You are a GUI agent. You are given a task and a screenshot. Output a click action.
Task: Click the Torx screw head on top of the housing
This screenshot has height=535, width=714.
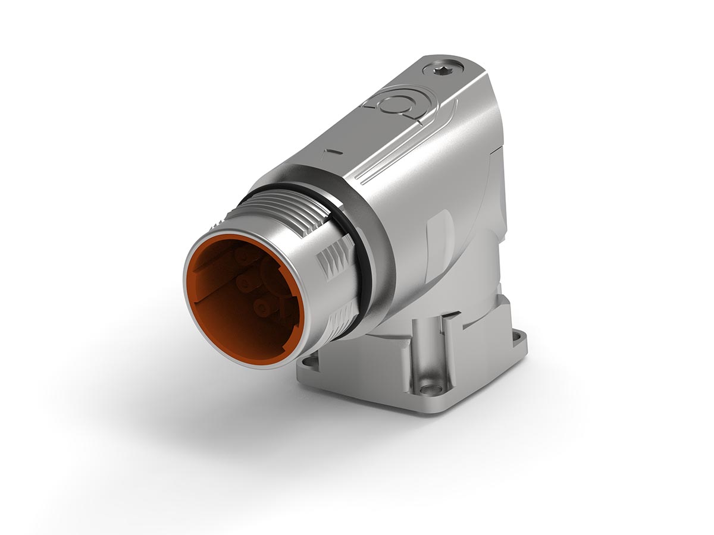(x=443, y=70)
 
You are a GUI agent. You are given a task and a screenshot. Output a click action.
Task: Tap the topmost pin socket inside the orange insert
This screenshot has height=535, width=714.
(x=243, y=256)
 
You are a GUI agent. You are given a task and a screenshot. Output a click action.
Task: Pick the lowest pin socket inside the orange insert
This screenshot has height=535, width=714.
(x=260, y=307)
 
